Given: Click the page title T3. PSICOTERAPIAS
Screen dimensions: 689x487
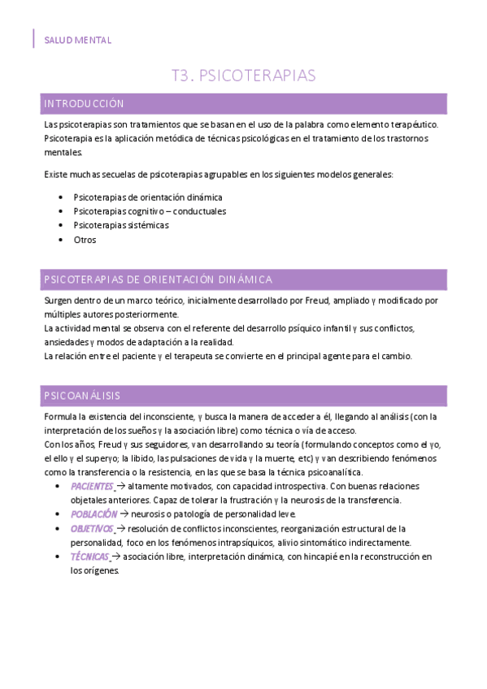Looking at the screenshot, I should coord(243,76).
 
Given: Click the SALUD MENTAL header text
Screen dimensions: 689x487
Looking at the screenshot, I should coord(78,40).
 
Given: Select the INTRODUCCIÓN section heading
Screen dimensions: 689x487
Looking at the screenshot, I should coord(84,104).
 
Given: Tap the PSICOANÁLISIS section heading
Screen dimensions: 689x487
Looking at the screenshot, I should coord(82,396).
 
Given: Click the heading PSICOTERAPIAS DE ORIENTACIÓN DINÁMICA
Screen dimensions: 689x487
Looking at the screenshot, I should coord(158,279).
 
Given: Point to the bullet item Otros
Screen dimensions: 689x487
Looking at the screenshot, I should coord(85,240).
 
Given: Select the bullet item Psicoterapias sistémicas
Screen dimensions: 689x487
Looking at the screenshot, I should coord(121,225).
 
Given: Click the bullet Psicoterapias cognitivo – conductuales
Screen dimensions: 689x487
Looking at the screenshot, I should coord(150,211).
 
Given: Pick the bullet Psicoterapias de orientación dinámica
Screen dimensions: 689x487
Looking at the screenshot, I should coord(147,197).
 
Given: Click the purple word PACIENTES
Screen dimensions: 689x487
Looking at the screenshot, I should coord(91,486).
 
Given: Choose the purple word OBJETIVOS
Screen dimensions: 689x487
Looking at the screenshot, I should coord(92,528).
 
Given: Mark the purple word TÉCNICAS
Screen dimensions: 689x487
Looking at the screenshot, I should coord(89,557).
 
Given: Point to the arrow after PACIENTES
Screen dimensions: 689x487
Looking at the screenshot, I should coord(121,486).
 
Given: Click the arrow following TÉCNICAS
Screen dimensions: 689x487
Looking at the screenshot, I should coord(115,557).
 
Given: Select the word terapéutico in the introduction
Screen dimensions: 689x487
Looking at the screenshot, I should coord(411,124).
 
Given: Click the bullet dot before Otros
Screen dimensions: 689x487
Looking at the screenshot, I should coord(63,240).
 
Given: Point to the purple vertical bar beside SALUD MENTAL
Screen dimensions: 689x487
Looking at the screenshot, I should coord(34,39).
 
